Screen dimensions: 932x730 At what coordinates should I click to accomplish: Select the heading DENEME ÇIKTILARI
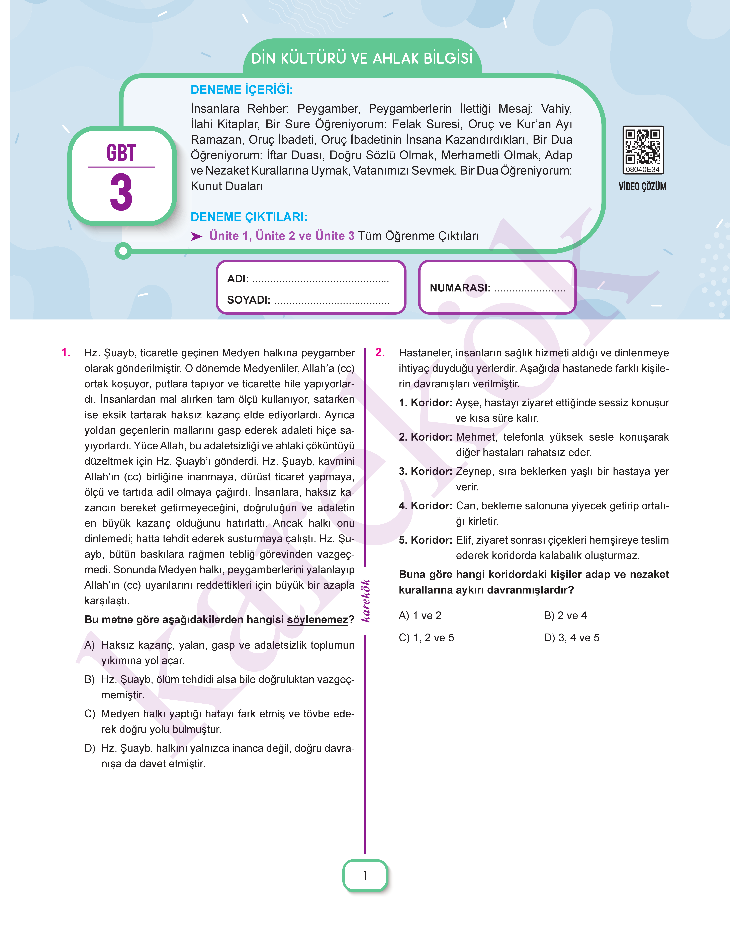[249, 217]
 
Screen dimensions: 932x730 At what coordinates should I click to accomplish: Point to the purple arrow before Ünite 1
[196, 237]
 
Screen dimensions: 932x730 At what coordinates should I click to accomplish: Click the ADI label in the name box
[238, 279]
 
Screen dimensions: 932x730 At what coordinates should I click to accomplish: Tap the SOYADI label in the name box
[248, 300]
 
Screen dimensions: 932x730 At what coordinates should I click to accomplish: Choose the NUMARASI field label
[460, 288]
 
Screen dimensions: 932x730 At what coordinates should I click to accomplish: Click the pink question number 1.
[66, 353]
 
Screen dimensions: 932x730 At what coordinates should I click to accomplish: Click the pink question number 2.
[380, 353]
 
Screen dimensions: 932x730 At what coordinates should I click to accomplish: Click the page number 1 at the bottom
[365, 876]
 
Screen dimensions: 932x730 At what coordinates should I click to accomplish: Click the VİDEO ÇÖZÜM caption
[642, 187]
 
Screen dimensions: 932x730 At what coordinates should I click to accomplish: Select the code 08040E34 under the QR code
[642, 170]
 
